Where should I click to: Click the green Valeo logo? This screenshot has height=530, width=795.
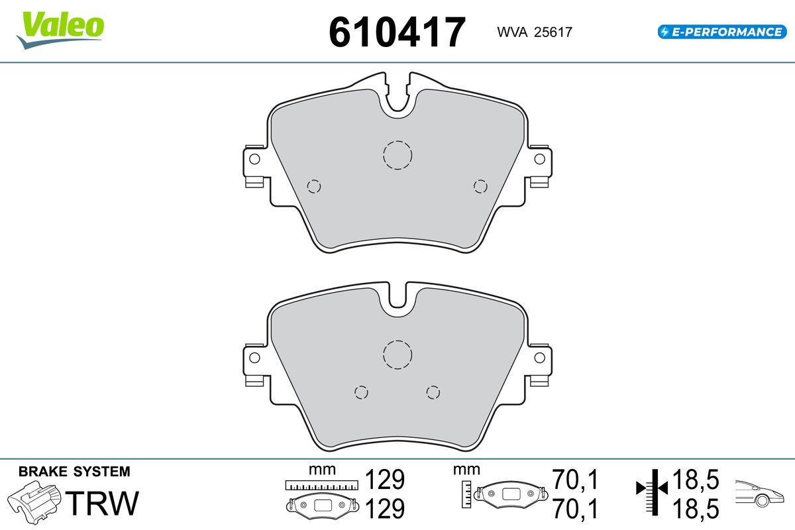pos(60,30)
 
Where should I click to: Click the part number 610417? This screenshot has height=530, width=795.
pos(397,32)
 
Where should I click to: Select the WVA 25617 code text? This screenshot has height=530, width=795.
pos(535,32)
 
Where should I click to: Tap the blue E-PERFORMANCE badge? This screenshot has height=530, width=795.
pos(722,32)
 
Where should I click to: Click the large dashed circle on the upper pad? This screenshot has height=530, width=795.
pos(397,141)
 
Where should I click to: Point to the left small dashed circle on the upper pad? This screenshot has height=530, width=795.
pos(314,180)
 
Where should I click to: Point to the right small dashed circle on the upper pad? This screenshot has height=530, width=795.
pos(480,180)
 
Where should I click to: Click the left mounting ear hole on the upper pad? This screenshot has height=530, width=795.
pos(254,159)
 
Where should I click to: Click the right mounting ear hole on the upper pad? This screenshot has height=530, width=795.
pos(539,159)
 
